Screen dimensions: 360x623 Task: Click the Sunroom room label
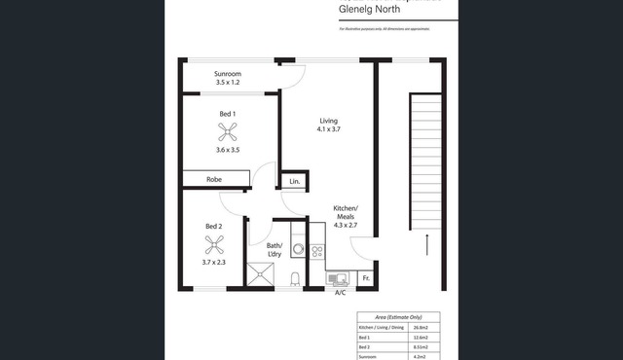228,74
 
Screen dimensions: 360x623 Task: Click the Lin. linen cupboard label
294,180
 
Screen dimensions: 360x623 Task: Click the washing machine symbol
299,250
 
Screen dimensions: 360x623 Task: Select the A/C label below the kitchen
340,293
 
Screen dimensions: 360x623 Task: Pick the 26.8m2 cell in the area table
418,327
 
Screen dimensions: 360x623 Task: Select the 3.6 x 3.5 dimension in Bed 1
227,149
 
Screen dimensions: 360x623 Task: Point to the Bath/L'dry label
274,250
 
